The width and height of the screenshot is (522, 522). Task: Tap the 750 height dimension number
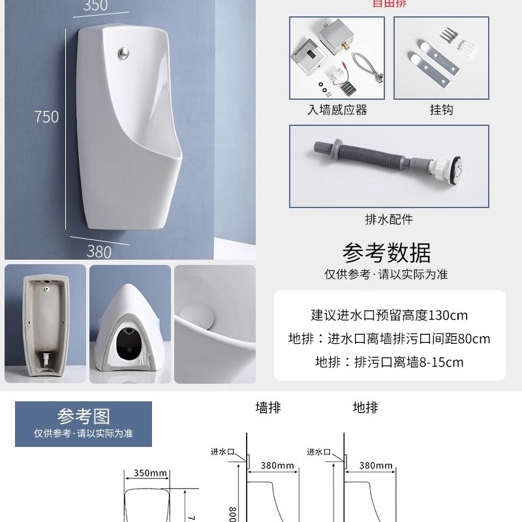point(46,117)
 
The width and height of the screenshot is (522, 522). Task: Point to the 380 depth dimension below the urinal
point(99,250)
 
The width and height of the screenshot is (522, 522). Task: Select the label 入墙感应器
point(337,110)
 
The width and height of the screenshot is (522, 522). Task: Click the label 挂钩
point(441,110)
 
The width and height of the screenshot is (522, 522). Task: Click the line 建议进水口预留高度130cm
point(389,316)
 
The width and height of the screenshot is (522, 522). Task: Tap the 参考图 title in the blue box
point(83,416)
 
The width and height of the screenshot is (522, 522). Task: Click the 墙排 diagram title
point(268,408)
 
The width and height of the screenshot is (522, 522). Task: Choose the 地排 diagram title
point(365,408)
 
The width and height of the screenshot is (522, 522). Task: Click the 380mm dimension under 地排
point(376,466)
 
